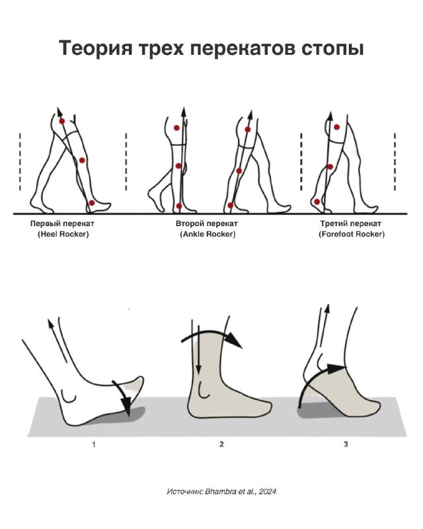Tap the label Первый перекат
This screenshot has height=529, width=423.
tap(62, 224)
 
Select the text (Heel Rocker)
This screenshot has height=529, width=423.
tap(63, 234)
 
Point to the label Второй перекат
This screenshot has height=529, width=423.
tap(207, 224)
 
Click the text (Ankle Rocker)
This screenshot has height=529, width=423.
tap(208, 234)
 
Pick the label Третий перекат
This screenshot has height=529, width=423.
tap(351, 224)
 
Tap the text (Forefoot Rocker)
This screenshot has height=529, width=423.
tap(352, 234)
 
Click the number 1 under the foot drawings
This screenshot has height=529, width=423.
tap(94, 444)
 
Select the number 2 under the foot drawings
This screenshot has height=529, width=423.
tap(221, 444)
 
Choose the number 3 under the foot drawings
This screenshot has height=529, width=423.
tap(346, 444)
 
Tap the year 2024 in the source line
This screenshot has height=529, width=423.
tap(268, 491)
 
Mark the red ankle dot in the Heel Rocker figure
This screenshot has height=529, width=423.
tap(92, 203)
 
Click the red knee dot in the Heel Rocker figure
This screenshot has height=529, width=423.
tap(82, 161)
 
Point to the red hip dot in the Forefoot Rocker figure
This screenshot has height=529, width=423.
tap(336, 127)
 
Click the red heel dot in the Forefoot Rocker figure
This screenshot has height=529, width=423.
tap(317, 202)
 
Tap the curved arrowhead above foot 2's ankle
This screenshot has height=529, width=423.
tap(233, 340)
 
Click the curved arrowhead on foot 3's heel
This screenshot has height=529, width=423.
tap(336, 368)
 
